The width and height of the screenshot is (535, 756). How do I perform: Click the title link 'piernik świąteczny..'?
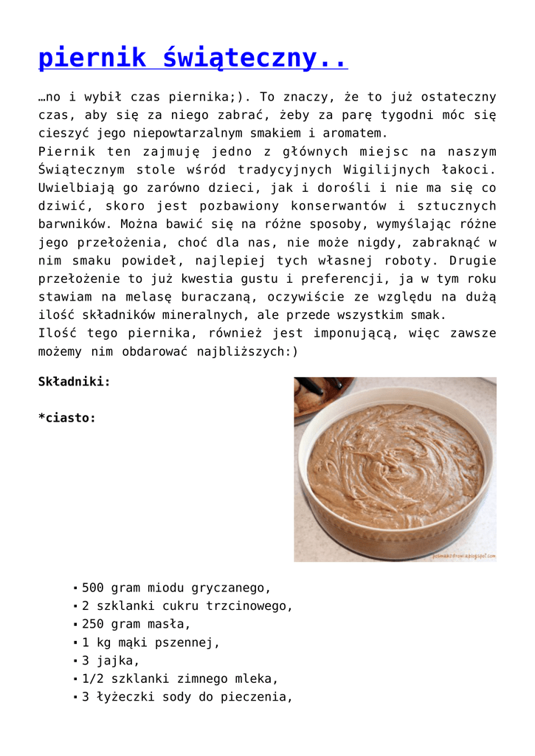(193, 58)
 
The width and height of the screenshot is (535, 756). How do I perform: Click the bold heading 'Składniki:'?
(75, 382)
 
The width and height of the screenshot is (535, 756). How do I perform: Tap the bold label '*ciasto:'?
(67, 418)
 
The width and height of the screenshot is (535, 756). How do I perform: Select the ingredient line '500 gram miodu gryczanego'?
(176, 588)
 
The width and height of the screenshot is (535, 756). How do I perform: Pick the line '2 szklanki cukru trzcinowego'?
(187, 606)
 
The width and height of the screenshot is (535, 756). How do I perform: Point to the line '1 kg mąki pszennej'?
(151, 642)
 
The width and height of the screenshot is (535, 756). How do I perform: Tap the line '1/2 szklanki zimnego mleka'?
(180, 678)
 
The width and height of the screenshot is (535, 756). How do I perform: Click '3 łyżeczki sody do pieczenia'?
(187, 696)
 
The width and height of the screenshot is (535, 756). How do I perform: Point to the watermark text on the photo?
(463, 556)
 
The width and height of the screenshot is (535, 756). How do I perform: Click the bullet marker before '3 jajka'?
(75, 661)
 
